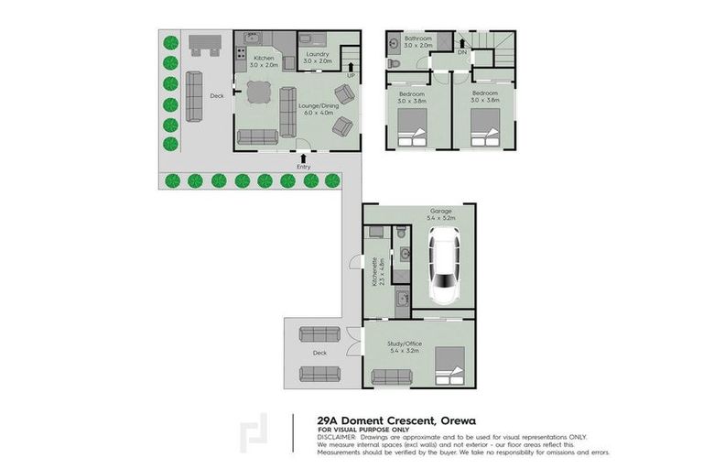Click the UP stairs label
point(350,75)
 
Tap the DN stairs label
point(461,52)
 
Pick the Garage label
point(442,212)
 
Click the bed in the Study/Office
point(450,366)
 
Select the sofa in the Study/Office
point(392,376)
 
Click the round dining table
point(257,91)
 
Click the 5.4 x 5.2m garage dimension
point(442,220)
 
